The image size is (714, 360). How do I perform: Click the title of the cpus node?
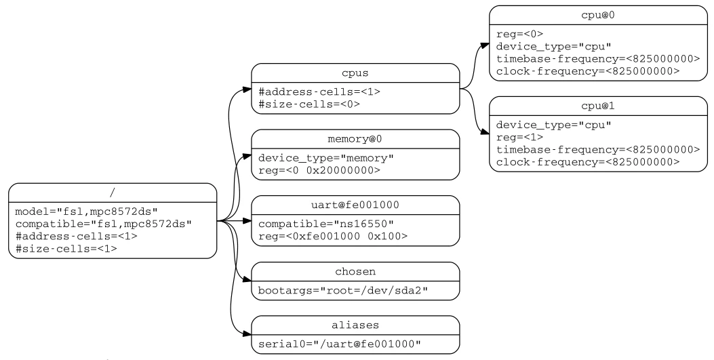tap(355, 73)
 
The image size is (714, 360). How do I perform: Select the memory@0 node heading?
tap(355, 139)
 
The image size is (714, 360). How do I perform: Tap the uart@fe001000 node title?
tap(355, 205)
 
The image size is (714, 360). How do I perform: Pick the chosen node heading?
tap(355, 272)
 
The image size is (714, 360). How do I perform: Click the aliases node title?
tap(355, 325)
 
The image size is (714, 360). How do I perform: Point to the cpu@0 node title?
tap(598, 15)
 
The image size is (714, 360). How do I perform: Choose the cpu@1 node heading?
tap(598, 106)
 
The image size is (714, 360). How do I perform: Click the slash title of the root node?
tap(113, 193)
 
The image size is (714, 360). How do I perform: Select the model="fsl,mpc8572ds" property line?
tap(87, 212)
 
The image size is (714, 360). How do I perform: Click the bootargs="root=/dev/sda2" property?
tap(343, 290)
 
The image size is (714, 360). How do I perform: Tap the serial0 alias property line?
tap(340, 344)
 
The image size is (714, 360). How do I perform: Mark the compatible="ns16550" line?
tap(326, 224)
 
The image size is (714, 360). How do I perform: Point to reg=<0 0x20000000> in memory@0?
tap(319, 170)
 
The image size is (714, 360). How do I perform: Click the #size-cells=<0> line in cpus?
tap(309, 104)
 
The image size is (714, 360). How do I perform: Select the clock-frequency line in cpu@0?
tap(588, 71)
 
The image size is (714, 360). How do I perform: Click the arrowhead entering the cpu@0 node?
tap(485, 45)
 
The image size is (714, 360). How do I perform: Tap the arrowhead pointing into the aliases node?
tap(247, 334)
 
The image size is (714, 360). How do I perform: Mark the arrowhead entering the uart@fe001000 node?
tap(247, 221)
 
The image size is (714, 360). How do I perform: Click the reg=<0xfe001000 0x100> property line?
tap(333, 236)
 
